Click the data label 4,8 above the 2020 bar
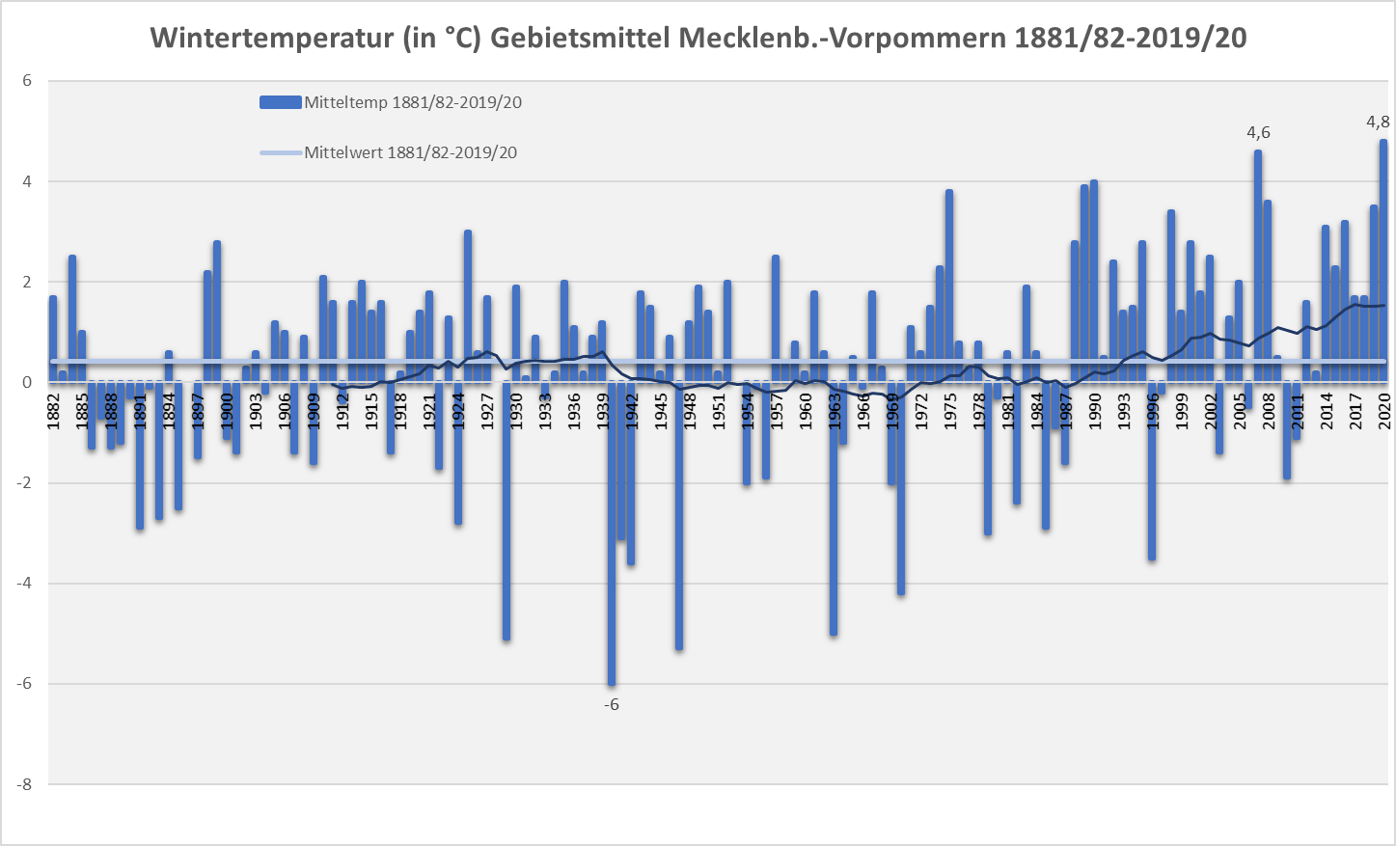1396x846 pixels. point(1378,123)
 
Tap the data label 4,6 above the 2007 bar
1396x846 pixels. point(1258,133)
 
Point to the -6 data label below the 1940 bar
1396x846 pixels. point(612,705)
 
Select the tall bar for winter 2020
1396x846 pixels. point(1383,260)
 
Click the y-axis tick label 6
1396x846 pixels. point(27,81)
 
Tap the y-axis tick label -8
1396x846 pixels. point(24,784)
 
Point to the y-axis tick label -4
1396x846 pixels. point(24,584)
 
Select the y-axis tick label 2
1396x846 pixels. point(27,282)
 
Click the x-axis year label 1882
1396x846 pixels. point(53,410)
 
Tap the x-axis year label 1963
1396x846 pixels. point(835,410)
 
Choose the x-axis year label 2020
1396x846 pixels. point(1384,410)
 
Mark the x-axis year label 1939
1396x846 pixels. point(603,410)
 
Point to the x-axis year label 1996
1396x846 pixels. point(1153,410)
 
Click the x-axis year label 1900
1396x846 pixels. point(227,410)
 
